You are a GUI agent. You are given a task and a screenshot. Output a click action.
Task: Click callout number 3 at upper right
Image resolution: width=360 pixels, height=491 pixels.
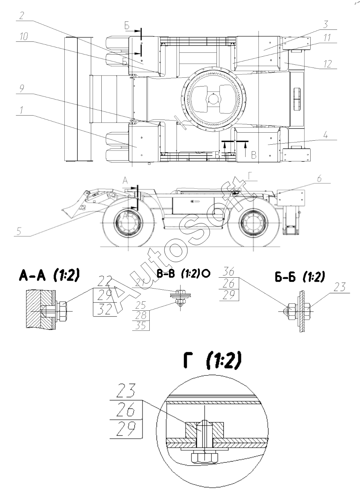click(326, 25)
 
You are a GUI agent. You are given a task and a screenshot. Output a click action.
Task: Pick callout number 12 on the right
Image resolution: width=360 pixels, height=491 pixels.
click(328, 64)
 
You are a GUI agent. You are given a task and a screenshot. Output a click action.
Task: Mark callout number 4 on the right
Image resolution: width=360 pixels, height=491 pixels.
click(326, 136)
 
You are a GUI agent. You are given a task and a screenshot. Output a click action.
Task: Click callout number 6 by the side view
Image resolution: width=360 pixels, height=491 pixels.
click(319, 179)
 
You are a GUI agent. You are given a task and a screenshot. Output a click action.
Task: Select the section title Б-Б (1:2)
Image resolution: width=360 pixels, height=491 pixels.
click(299, 277)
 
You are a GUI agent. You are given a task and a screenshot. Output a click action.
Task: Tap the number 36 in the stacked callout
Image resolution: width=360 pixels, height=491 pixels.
click(229, 272)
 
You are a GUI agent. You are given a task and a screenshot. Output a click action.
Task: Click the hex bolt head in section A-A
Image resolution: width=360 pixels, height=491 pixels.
click(63, 311)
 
